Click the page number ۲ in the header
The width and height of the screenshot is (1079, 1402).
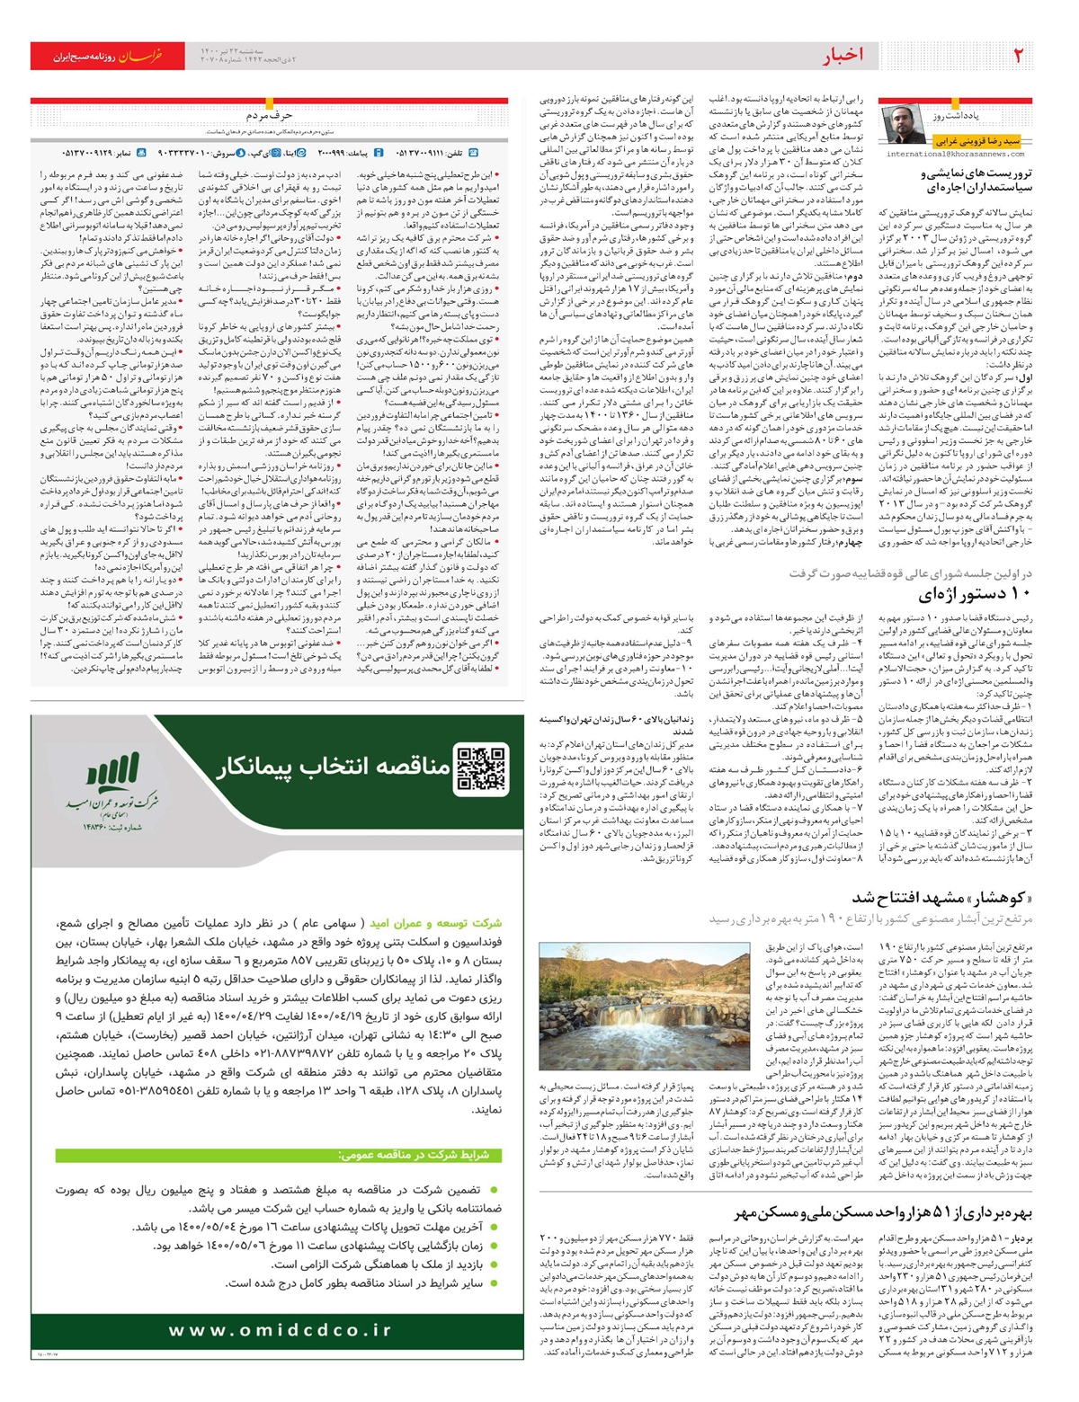click(x=1018, y=56)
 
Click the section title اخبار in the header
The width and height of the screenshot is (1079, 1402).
click(x=843, y=56)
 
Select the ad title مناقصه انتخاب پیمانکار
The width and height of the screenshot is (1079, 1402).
click(x=333, y=767)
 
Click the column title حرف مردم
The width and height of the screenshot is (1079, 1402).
click(x=269, y=116)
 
